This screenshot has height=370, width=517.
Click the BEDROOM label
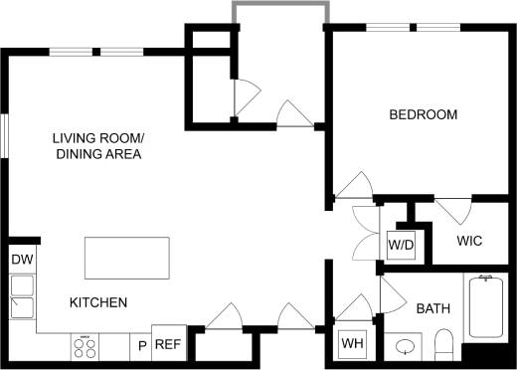click(423, 115)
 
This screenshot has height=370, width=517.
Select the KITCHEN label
click(97, 302)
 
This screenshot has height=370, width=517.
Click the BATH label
click(432, 309)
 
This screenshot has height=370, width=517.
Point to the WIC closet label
click(470, 242)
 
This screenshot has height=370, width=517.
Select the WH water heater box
click(352, 344)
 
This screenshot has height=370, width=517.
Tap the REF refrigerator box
click(168, 344)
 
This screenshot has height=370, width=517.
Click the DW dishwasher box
click(22, 261)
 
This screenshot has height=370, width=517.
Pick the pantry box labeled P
click(142, 345)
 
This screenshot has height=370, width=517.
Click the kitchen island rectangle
click(128, 259)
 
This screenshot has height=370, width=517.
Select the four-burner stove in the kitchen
click(86, 348)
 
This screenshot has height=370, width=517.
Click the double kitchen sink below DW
click(22, 296)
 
